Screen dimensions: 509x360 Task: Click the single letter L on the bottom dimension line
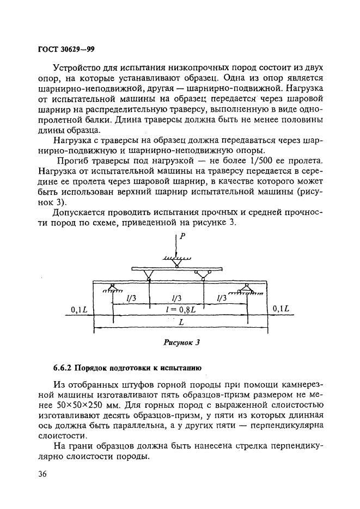(180, 322)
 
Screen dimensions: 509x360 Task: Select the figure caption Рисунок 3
(182, 342)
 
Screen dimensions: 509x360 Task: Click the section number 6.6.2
(63, 367)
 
